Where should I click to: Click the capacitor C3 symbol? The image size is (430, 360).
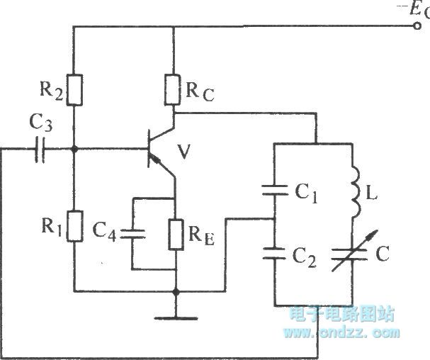pyautogui.click(x=40, y=150)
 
